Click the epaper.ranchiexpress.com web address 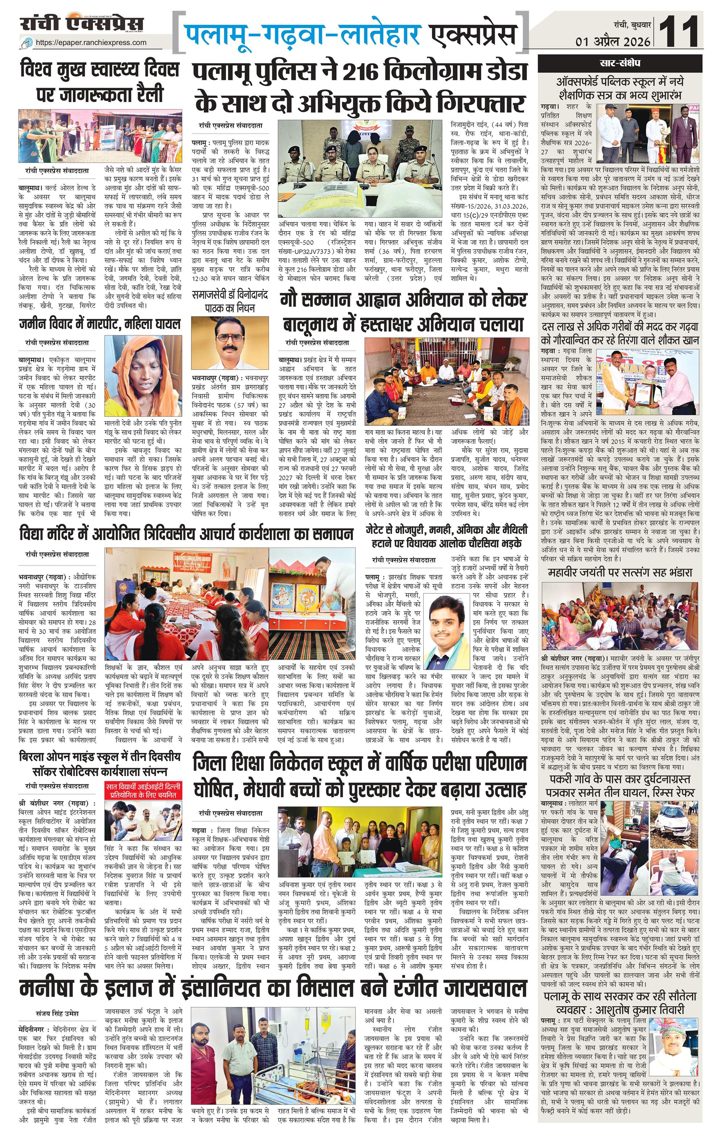(x=91, y=42)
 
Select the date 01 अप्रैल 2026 (x=613, y=41)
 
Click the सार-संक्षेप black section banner (x=620, y=63)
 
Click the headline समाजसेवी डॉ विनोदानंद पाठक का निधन (x=230, y=302)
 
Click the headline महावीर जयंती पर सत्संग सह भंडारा (x=620, y=573)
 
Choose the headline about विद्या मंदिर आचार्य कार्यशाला (x=187, y=534)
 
